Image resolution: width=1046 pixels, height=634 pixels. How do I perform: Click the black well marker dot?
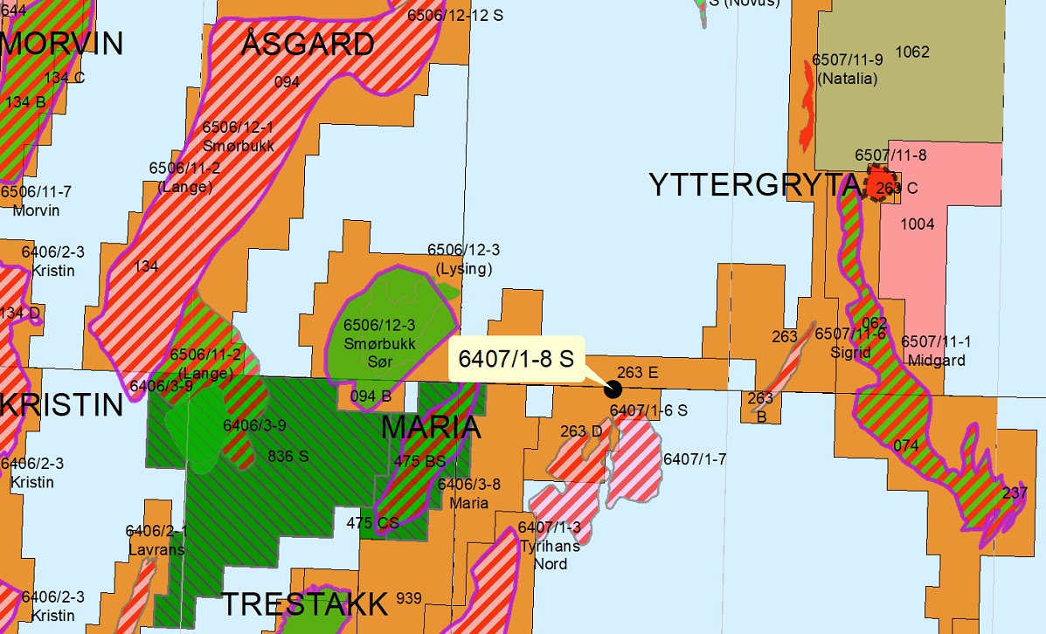tap(613, 389)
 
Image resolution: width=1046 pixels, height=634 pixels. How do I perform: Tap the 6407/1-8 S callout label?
tap(516, 358)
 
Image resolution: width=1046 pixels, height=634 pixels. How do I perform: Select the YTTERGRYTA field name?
tap(754, 185)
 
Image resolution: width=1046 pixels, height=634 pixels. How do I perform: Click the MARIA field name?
tap(432, 427)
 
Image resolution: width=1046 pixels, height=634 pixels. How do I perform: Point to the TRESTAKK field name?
tap(304, 604)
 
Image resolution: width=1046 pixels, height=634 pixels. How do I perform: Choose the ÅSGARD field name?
tap(308, 44)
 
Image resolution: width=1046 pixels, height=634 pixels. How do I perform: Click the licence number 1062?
tap(912, 52)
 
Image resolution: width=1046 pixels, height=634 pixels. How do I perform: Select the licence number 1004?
tap(918, 224)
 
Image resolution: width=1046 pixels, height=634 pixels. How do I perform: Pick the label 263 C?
tap(897, 188)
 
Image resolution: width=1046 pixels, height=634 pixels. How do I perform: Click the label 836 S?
tap(288, 455)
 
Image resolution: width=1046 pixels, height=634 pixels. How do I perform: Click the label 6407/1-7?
tap(695, 458)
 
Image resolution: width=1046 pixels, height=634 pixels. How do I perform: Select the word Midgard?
tap(936, 361)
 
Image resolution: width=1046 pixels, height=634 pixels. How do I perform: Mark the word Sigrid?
tap(851, 353)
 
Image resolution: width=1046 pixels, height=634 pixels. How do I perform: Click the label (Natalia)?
tap(847, 79)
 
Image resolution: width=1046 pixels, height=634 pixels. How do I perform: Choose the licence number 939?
tap(408, 598)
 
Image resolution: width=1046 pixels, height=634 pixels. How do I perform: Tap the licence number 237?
tap(1015, 493)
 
